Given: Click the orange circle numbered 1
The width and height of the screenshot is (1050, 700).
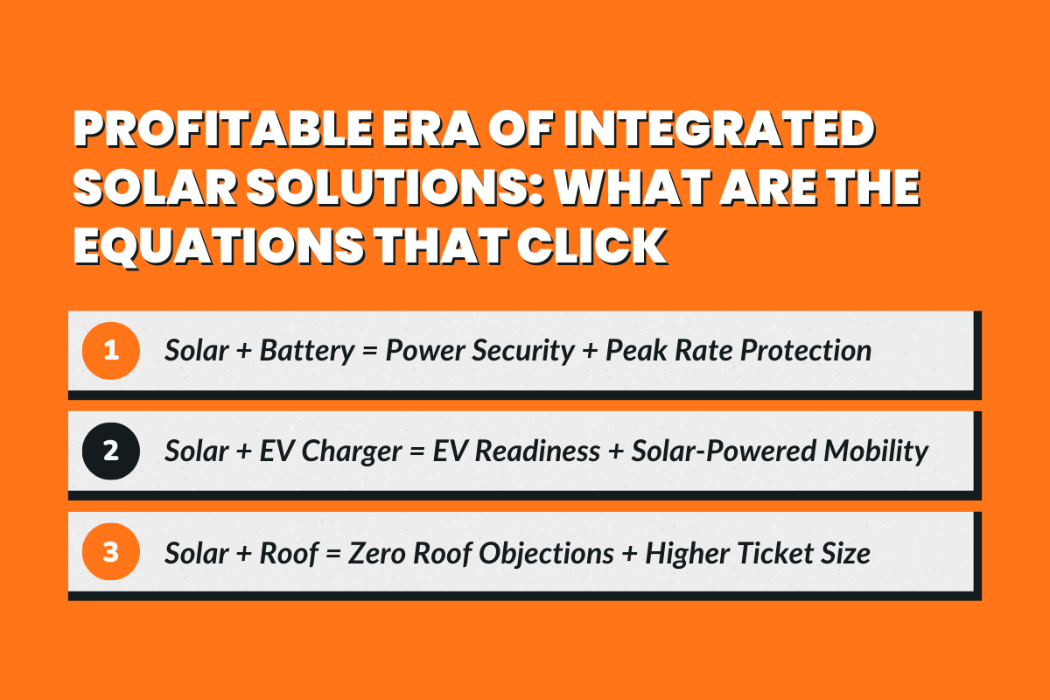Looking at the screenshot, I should [x=110, y=351].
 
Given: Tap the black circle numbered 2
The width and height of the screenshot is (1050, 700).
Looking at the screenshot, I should [x=110, y=451].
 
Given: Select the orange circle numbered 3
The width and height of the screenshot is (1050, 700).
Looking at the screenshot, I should [x=110, y=553].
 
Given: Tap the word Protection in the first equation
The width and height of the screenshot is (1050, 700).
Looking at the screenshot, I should [x=806, y=351].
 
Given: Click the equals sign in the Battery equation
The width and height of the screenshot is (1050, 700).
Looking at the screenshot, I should [x=371, y=352].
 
